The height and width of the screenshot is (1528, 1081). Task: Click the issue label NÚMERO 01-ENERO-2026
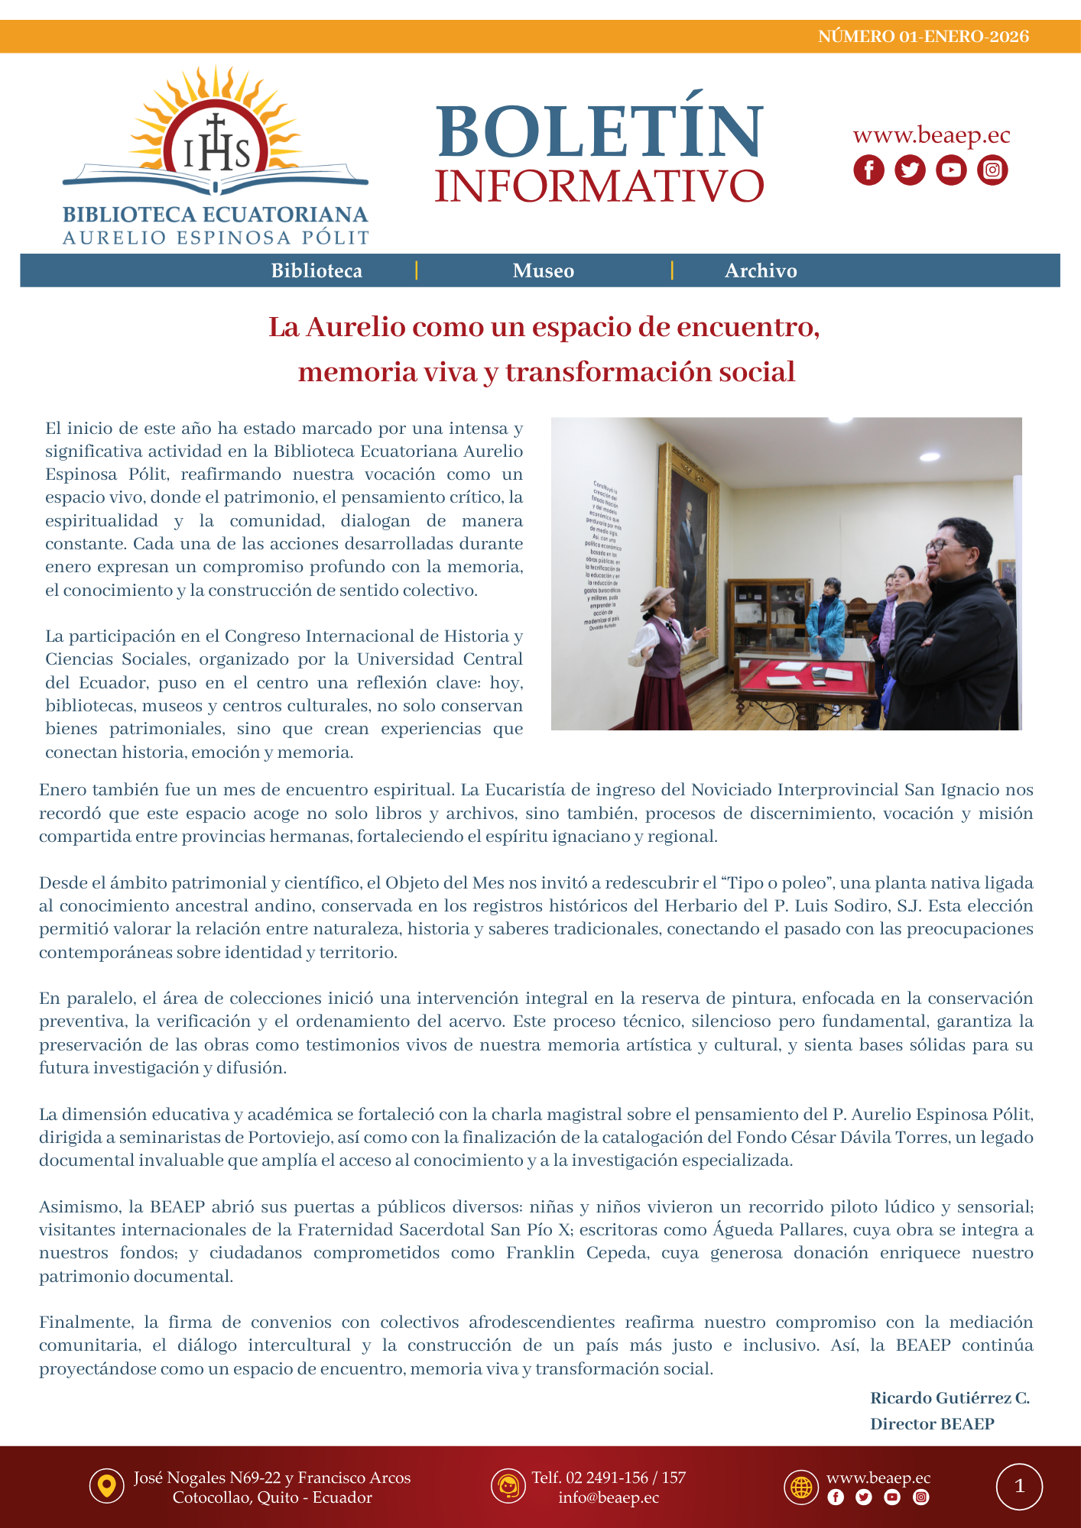pos(923,37)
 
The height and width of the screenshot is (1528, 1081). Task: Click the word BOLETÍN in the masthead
pos(600,131)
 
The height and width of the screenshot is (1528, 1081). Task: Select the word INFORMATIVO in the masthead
pos(599,186)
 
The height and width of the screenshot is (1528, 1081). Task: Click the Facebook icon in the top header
pos(868,170)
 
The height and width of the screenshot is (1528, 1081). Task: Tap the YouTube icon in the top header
pos(951,170)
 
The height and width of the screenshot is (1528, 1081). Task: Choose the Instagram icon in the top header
pos(992,170)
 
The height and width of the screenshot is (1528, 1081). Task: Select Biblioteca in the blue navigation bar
pos(317,270)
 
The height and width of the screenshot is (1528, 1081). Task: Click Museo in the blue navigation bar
pos(543,270)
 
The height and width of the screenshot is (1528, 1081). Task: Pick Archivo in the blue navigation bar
pos(761,270)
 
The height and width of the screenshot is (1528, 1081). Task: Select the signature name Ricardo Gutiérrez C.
pos(950,1398)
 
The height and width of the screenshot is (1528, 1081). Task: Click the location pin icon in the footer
pos(106,1487)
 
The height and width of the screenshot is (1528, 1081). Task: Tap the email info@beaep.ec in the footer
pos(609,1497)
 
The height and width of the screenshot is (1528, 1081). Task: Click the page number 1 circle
pos(1019,1487)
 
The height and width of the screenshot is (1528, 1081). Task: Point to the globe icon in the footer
pos(801,1487)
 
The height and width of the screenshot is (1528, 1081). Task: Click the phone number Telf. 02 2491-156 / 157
pos(609,1478)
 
